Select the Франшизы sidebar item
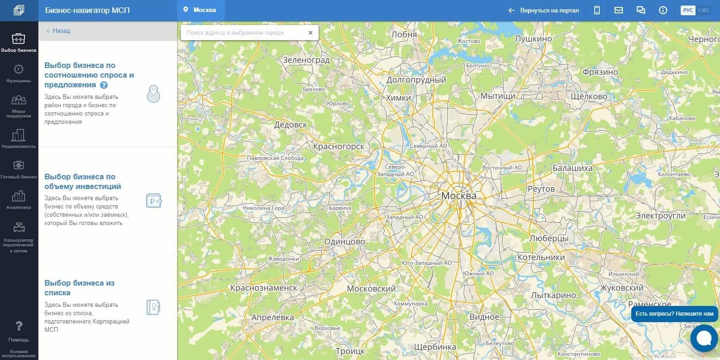tap(18, 73)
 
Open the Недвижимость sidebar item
tap(18, 138)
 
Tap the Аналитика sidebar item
tap(18, 200)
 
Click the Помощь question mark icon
tap(19, 327)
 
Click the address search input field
tap(243, 33)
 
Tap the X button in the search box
tap(310, 33)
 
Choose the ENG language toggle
tap(703, 10)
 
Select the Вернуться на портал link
tap(544, 10)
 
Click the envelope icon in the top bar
tap(619, 10)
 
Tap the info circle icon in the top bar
tap(663, 10)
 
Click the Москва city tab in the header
tap(200, 10)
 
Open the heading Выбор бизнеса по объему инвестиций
tap(83, 182)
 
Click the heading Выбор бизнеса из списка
tap(79, 288)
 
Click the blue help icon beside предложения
tap(104, 85)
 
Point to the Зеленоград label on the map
tap(306, 60)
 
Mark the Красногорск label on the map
tap(338, 146)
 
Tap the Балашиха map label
tap(572, 168)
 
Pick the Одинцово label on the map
tap(345, 242)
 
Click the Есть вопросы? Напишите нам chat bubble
tap(674, 314)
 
